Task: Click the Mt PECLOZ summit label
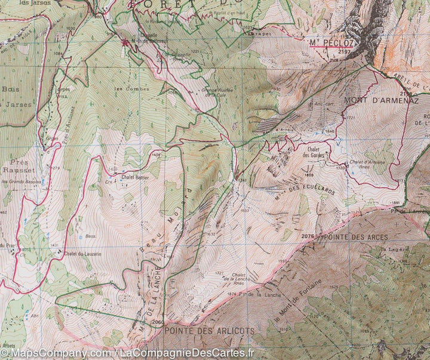click(x=331, y=43)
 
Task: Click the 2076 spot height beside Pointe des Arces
click(x=308, y=237)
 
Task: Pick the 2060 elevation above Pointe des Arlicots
click(x=158, y=322)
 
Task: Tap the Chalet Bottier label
click(x=134, y=177)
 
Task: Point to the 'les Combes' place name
click(x=124, y=89)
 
